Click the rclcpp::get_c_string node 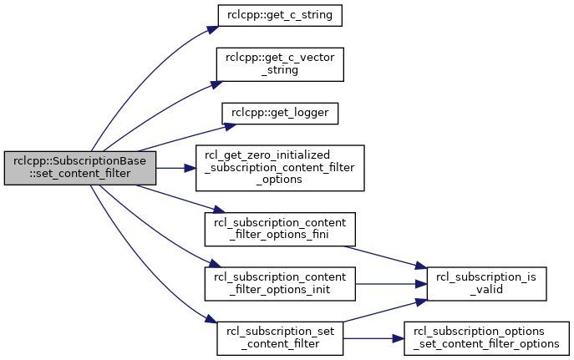coord(280,15)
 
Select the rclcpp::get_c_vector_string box coord(280,64)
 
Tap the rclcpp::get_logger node coord(280,114)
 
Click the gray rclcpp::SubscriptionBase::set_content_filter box coord(80,168)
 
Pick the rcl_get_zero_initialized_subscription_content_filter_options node coord(280,168)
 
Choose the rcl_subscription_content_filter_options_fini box coord(280,229)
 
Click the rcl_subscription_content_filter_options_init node coord(280,284)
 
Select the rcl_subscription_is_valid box coord(487,284)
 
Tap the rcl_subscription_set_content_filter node coord(280,338)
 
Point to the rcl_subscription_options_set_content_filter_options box coord(487,338)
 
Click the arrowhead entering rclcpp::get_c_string coord(213,29)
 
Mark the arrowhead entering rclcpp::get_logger coord(230,127)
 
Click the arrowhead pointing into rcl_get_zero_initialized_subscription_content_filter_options coord(190,168)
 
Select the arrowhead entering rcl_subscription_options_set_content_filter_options coord(399,338)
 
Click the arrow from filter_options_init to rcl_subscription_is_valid coord(391,284)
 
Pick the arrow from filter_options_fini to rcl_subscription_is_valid coord(385,257)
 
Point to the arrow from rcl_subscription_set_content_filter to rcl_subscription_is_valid coord(385,311)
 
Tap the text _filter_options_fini coord(279,235)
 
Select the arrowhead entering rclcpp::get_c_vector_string coord(216,84)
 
